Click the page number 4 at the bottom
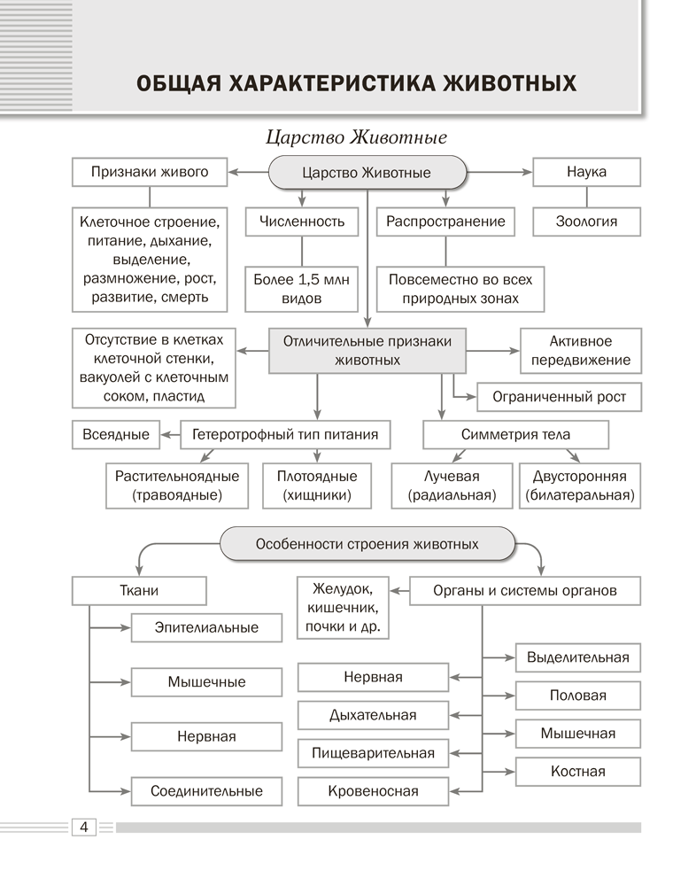(82, 828)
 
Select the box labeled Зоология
(586, 221)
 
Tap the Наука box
(586, 172)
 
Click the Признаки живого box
(150, 172)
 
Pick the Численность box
(302, 221)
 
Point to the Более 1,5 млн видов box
(302, 289)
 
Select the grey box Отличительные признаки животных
(367, 351)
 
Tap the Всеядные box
(117, 434)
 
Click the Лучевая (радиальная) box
(452, 486)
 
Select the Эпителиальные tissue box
(206, 627)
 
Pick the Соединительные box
(206, 791)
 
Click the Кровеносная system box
(373, 791)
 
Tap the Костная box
(577, 771)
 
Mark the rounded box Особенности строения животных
(367, 544)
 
